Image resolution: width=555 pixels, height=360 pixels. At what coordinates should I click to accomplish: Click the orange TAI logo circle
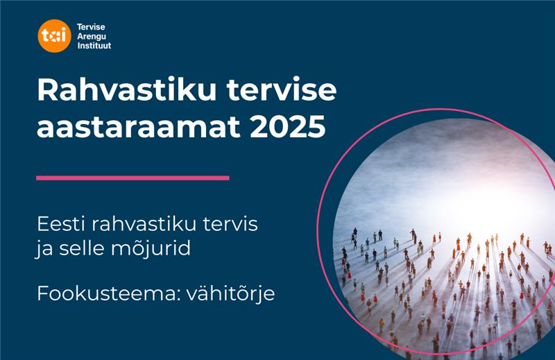(x=54, y=36)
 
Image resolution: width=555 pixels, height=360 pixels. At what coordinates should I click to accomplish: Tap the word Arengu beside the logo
(x=91, y=36)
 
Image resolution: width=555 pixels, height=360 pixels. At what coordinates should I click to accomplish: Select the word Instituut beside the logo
(x=94, y=45)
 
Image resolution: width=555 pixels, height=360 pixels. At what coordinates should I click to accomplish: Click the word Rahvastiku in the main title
(x=116, y=93)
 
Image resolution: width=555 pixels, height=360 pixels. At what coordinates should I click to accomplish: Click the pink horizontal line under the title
(x=133, y=178)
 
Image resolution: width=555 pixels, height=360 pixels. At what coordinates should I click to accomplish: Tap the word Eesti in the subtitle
(x=58, y=225)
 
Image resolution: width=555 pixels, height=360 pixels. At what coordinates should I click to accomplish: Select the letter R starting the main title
(x=46, y=93)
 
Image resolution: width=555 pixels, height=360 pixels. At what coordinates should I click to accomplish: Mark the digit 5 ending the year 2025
(x=316, y=127)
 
